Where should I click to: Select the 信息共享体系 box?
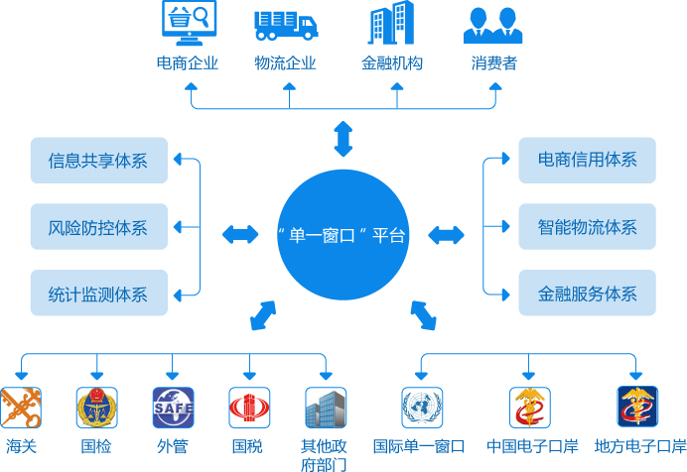coord(99,161)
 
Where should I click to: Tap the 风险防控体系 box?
coord(99,227)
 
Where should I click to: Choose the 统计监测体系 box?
coord(99,294)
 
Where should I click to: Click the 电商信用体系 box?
coord(587,161)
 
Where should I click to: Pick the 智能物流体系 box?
coord(587,227)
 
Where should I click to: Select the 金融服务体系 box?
coord(587,294)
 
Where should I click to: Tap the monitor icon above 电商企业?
coord(187,25)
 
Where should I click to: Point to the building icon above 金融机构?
coord(392,24)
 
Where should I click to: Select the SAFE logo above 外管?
coord(173,407)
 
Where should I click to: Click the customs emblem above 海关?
coord(21,407)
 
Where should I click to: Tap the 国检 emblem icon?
coord(96,407)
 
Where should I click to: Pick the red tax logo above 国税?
coord(248,407)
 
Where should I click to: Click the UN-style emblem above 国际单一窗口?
coord(422,407)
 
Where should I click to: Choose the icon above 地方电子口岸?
coord(637,407)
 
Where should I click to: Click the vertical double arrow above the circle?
coord(343,138)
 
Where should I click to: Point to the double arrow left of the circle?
coord(240,235)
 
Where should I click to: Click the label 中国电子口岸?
coord(532,446)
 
